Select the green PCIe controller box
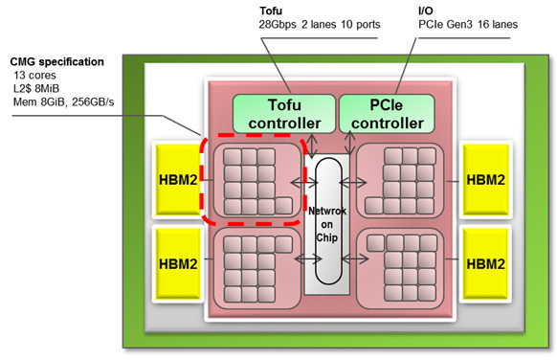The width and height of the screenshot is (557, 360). click(382, 114)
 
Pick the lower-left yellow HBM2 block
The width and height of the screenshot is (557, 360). click(179, 262)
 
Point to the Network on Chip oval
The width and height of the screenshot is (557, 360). click(328, 219)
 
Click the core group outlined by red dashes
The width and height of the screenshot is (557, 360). click(252, 179)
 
